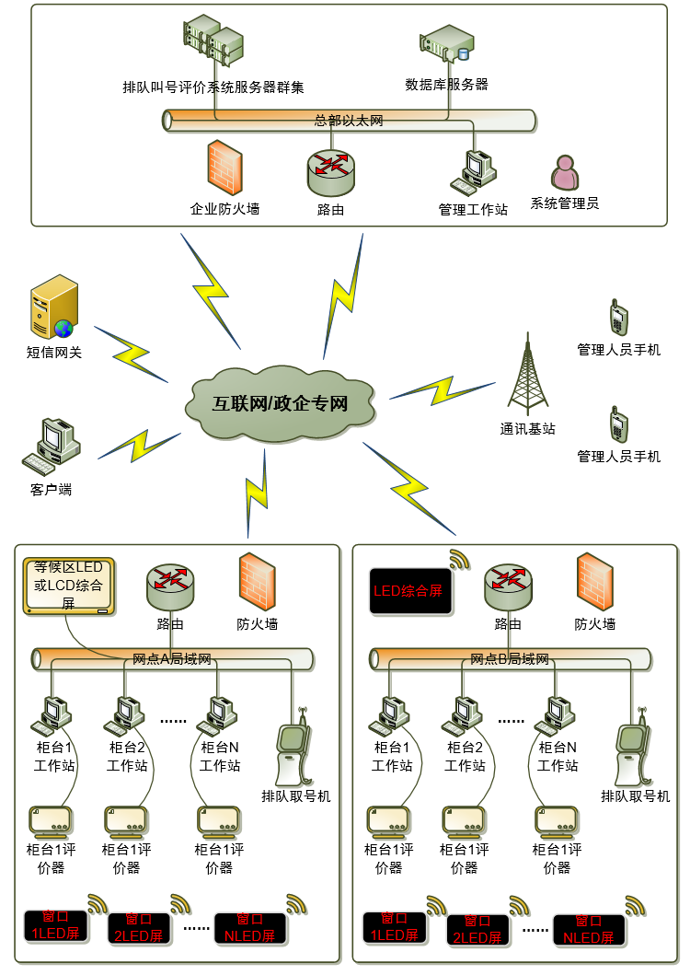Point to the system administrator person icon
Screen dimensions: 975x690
(x=565, y=173)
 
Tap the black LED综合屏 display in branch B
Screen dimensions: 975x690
(x=407, y=590)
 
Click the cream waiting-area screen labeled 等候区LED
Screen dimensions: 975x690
(x=68, y=586)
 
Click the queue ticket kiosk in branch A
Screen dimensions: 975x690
(x=293, y=750)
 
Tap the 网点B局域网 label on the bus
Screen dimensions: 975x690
(x=510, y=659)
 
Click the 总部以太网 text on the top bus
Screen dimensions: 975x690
(x=349, y=121)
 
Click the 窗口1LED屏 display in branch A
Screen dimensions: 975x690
(x=55, y=924)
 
